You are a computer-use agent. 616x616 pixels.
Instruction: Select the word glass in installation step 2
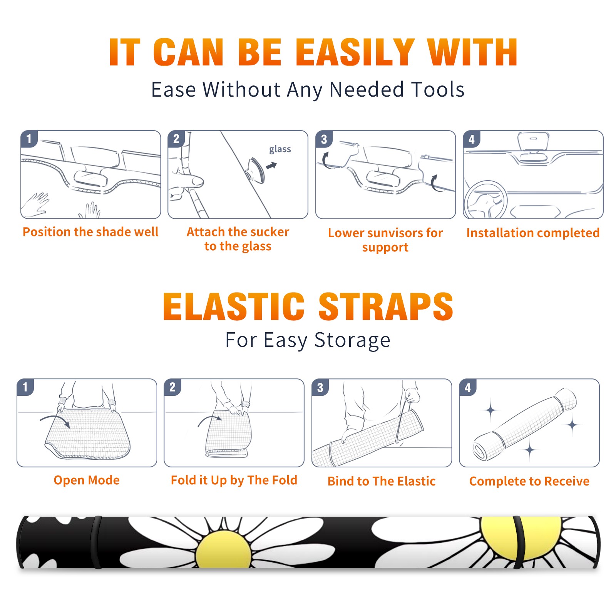tap(280, 149)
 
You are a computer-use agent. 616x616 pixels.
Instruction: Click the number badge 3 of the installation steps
tap(324, 139)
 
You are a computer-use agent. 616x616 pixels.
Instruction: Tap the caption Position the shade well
tap(90, 232)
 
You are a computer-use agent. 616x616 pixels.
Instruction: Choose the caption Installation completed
tap(533, 233)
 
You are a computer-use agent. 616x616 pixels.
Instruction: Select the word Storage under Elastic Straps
tap(352, 340)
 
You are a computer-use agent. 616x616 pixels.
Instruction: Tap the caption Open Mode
tap(87, 480)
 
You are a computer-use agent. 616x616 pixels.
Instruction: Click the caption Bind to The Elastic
tap(382, 481)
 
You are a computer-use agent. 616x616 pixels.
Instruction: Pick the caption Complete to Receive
tap(529, 481)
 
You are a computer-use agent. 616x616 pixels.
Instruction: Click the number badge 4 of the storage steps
tap(468, 387)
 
